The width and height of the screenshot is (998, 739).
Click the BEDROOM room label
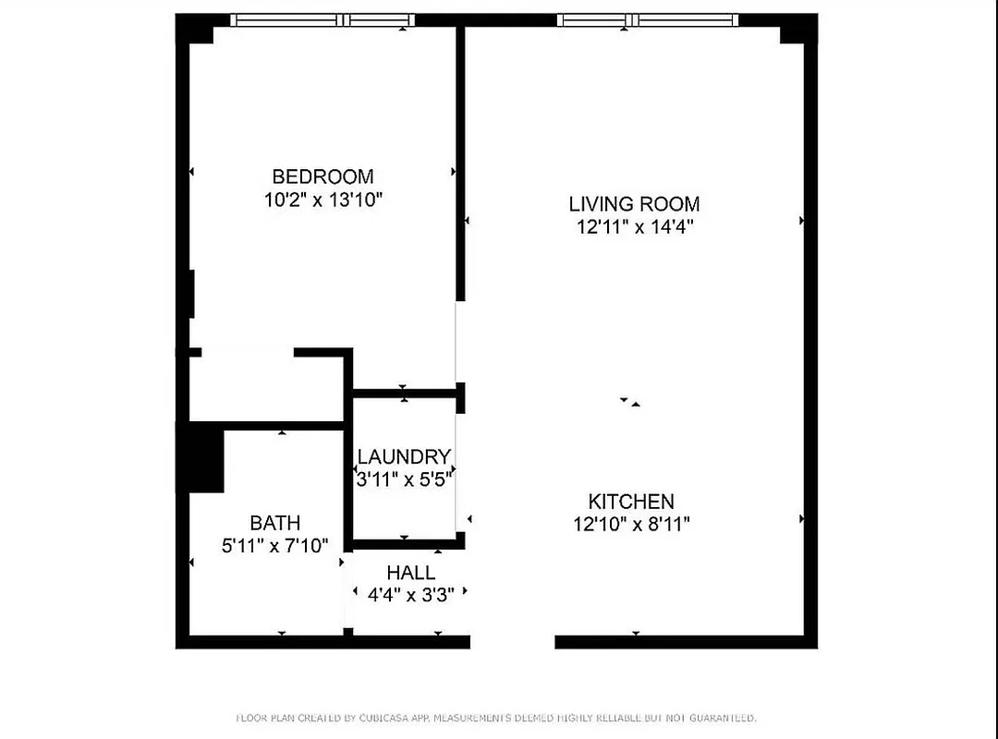click(x=323, y=176)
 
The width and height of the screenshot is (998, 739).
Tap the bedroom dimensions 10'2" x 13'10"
click(x=323, y=199)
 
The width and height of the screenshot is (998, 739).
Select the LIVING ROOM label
click(x=634, y=203)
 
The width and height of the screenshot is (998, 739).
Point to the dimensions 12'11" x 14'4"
click(x=634, y=226)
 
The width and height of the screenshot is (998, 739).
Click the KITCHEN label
click(x=631, y=502)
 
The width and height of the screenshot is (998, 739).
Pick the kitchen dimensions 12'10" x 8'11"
click(x=631, y=524)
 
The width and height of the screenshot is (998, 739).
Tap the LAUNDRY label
click(x=404, y=456)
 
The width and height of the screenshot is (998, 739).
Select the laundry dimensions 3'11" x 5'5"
click(x=404, y=479)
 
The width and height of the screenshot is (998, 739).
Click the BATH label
click(x=274, y=523)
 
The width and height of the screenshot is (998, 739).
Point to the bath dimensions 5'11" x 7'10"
click(x=274, y=545)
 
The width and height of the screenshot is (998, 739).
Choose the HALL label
click(x=411, y=573)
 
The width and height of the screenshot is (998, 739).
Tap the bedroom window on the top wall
click(x=322, y=19)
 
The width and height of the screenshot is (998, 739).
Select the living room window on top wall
click(x=647, y=19)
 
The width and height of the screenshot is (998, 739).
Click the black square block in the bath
click(x=205, y=457)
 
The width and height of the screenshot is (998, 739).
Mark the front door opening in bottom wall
click(x=512, y=641)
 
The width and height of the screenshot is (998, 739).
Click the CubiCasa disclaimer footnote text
click(x=498, y=717)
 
